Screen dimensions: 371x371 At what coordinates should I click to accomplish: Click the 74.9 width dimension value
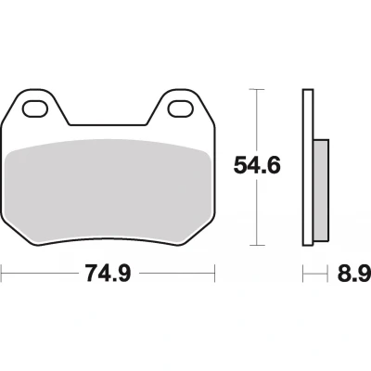pos(109,273)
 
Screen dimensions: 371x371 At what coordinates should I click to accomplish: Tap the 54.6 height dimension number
pos(257,165)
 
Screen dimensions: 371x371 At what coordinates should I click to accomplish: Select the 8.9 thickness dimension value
pos(354,273)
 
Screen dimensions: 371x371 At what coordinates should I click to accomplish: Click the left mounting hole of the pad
pos(35,109)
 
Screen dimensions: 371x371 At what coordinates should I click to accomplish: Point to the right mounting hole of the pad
pos(181,109)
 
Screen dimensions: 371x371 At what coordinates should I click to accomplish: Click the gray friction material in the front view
pos(109,191)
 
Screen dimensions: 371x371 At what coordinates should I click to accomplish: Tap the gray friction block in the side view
pos(321,190)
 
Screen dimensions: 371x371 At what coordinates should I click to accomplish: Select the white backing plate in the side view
pos(308,168)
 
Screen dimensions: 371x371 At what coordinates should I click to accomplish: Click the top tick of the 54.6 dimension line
pos(257,89)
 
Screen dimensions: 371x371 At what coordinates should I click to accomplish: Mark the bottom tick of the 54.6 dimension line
pos(257,246)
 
